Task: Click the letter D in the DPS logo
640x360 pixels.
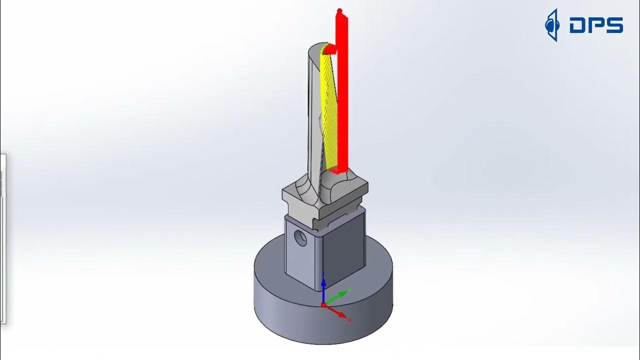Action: (578, 25)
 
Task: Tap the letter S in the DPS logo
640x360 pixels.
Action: (614, 25)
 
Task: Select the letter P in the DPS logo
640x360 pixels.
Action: (596, 25)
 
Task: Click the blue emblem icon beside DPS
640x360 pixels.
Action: (551, 24)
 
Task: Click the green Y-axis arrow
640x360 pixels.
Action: (338, 295)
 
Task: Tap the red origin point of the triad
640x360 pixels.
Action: (323, 304)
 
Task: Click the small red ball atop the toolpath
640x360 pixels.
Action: (340, 10)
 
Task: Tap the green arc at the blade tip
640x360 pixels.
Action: (325, 48)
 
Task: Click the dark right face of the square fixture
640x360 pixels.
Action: (344, 250)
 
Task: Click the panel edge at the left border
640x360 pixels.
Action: (4, 240)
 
